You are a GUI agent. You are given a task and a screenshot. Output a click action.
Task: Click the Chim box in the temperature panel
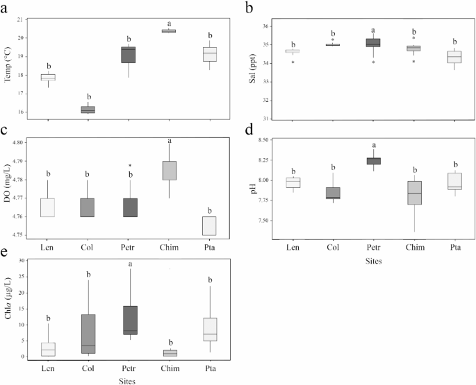[x=169, y=31]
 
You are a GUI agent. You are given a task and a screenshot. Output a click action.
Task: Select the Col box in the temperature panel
[x=88, y=109]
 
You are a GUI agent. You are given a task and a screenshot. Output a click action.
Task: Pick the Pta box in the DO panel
[x=208, y=226]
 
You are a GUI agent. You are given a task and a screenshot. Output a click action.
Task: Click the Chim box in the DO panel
[x=169, y=171]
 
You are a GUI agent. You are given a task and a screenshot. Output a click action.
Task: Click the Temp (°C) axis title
[x=10, y=65]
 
